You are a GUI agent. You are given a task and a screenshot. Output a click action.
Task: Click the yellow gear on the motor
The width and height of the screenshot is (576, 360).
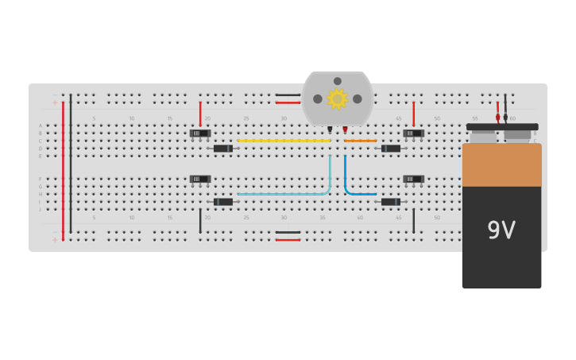pyautogui.click(x=338, y=99)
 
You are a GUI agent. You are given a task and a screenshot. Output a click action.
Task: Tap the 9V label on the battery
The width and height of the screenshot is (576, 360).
pyautogui.click(x=501, y=230)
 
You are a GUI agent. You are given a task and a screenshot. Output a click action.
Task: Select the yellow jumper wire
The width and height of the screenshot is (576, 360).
pyautogui.click(x=284, y=141)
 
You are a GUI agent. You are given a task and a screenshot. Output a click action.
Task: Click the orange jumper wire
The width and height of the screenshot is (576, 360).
pyautogui.click(x=360, y=141)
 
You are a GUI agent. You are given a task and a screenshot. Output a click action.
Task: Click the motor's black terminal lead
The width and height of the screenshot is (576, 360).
pyautogui.click(x=330, y=129)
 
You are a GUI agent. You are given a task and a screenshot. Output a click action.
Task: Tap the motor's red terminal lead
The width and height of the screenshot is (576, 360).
pyautogui.click(x=345, y=129)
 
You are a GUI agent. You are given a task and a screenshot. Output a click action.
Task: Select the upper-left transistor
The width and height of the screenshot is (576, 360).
pyautogui.click(x=200, y=133)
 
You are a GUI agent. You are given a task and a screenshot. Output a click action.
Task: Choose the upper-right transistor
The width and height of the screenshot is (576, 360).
pyautogui.click(x=413, y=133)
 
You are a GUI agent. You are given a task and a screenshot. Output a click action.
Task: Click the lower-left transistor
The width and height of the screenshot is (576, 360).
pyautogui.click(x=200, y=179)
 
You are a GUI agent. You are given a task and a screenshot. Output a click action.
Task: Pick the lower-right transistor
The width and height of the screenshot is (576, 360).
pyautogui.click(x=413, y=179)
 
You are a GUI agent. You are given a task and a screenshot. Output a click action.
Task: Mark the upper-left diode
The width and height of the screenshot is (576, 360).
pyautogui.click(x=223, y=149)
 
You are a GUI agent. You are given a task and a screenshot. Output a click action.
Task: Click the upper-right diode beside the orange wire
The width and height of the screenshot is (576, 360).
pyautogui.click(x=391, y=149)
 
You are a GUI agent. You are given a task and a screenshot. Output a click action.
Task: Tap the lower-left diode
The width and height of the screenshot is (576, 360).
pyautogui.click(x=223, y=202)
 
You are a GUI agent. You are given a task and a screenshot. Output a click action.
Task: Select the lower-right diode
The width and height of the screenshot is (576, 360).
pyautogui.click(x=391, y=202)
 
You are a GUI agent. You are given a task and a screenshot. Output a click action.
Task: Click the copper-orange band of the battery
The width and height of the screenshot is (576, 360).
pyautogui.click(x=501, y=165)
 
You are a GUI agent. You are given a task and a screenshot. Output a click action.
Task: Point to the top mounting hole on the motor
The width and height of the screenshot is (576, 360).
pyautogui.click(x=338, y=81)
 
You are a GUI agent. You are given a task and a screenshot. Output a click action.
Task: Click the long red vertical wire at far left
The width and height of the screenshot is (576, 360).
pyautogui.click(x=64, y=167)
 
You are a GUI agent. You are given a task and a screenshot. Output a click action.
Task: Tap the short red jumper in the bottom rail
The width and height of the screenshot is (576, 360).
pyautogui.click(x=288, y=239)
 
